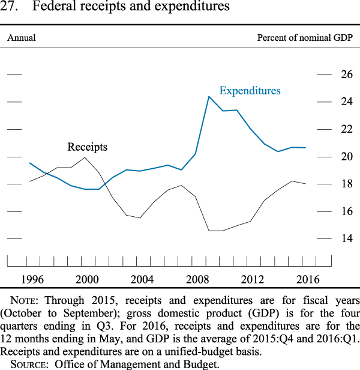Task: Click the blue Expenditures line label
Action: (x=250, y=91)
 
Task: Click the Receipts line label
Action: (x=88, y=147)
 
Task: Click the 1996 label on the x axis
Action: (x=32, y=279)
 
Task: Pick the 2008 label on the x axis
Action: (x=197, y=279)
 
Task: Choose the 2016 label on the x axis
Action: (x=307, y=279)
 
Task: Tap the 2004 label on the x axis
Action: (x=142, y=279)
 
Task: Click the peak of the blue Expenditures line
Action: (x=209, y=97)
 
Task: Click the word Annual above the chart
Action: (x=21, y=38)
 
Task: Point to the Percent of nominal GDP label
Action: (x=305, y=38)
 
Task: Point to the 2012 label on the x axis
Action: (x=253, y=279)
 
